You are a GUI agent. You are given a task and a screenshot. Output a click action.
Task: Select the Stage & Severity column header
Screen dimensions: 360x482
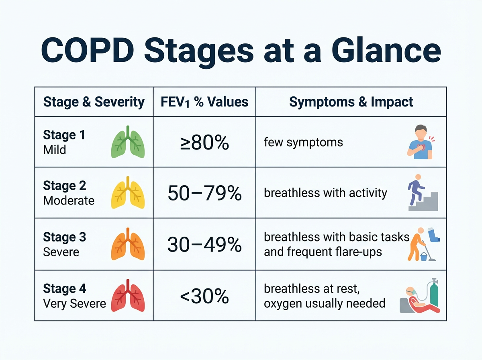point(94,102)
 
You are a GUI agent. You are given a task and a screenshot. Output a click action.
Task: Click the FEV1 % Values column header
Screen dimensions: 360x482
point(204,102)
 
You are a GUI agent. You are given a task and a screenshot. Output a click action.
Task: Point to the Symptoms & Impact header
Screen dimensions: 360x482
point(351,102)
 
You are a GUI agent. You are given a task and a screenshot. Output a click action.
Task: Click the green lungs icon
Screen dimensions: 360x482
point(128,142)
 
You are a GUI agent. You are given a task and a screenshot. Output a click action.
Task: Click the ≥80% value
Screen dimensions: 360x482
point(204,142)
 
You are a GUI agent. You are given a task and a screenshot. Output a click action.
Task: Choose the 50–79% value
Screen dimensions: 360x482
point(204,193)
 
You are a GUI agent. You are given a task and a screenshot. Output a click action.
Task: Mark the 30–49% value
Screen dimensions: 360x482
point(204,244)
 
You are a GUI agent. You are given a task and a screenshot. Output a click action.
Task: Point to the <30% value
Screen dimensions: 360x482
point(204,296)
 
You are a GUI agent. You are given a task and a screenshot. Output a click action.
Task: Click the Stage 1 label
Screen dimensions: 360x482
point(64,135)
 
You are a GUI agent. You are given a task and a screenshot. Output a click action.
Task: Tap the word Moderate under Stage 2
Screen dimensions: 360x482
point(69,200)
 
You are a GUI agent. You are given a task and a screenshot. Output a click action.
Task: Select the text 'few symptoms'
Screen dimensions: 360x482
point(303,142)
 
